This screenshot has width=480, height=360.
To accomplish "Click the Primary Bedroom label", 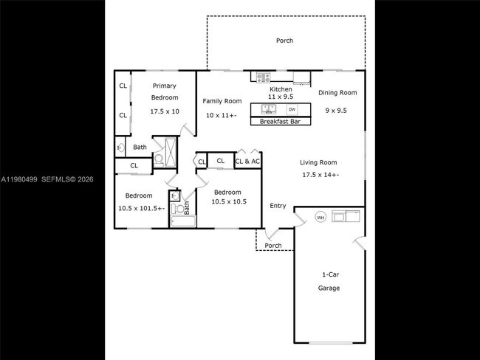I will tap(165, 91).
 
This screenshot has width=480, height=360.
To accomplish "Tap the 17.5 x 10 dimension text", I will tap(165, 111).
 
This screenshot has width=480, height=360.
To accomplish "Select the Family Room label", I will tap(223, 101).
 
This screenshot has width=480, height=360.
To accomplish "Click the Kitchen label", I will tap(281, 89).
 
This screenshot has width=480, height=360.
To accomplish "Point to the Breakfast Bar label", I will tap(280, 121).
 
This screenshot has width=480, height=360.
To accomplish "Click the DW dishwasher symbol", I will tap(292, 109).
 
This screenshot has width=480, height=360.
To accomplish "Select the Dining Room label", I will tap(337, 93).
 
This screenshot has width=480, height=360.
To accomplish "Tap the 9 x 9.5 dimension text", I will tap(336, 111).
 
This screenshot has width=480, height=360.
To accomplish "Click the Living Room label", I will tap(318, 162).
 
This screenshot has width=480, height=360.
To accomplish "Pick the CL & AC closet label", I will tap(247, 161).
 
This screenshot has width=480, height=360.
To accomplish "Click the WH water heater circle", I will tap(320, 217).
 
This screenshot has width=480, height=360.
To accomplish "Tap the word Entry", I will tap(278, 206).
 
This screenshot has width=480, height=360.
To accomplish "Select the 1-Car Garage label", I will tap(329, 281).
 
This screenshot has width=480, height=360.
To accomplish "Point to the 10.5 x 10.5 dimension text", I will tap(228, 201).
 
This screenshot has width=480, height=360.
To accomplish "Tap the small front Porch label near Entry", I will tap(273, 246).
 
